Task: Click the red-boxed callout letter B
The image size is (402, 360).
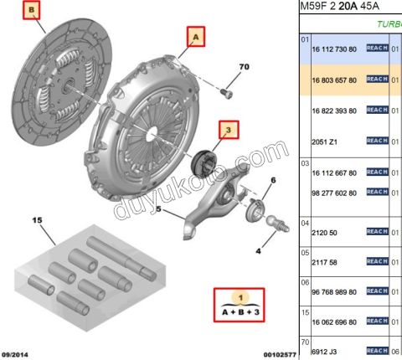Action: point(32,11)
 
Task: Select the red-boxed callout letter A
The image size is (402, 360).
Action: point(195,37)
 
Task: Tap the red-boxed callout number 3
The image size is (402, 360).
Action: point(228,129)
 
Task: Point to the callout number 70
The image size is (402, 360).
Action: point(245,66)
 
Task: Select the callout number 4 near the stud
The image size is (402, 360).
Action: point(258,250)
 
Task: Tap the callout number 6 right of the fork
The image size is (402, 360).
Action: point(272,181)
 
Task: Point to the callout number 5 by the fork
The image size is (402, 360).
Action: point(157,210)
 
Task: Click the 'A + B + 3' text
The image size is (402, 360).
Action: point(241,311)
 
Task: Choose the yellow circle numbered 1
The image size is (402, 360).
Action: point(241,297)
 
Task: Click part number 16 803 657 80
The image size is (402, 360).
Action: point(333,80)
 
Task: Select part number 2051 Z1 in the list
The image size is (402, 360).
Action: point(323,141)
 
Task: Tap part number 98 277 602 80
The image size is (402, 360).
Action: point(333,193)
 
